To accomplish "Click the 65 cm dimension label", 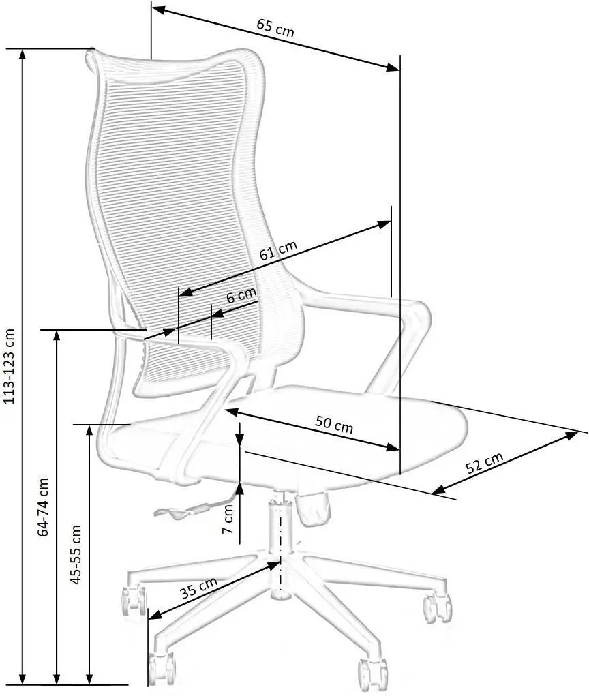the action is (x=275, y=27).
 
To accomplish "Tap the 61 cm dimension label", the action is (x=278, y=251).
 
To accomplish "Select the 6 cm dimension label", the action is (x=241, y=295).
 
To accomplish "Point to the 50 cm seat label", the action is (x=334, y=424).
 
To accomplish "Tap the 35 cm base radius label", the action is (x=198, y=588).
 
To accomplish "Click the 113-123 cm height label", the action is (x=9, y=367).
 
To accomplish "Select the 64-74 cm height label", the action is (x=43, y=507).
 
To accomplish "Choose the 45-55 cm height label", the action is (x=76, y=554).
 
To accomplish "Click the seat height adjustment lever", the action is (x=182, y=511).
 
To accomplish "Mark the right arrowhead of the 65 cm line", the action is (x=393, y=67).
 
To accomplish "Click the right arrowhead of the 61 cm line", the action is (x=384, y=224).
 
